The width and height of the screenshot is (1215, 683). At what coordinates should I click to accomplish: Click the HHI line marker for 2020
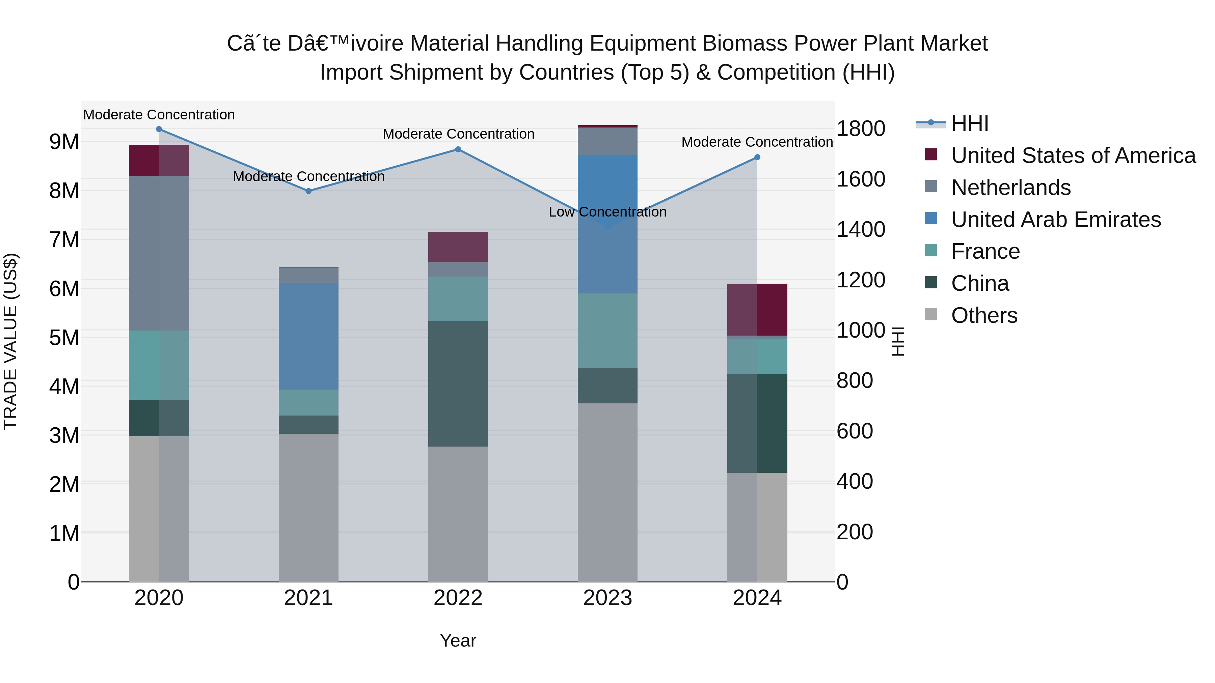(159, 129)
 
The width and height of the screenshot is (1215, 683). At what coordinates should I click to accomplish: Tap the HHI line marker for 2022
(458, 149)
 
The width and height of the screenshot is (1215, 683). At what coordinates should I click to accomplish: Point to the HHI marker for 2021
(308, 191)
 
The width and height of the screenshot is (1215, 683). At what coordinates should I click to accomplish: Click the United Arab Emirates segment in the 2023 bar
(607, 224)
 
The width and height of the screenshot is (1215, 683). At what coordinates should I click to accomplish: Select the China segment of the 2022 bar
(458, 384)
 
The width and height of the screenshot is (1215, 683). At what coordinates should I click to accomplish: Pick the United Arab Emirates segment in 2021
(308, 336)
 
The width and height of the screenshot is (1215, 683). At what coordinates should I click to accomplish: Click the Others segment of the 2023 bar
(607, 492)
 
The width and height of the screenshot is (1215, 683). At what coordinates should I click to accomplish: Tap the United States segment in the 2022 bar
(458, 247)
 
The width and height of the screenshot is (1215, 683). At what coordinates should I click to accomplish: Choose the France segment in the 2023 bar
(607, 331)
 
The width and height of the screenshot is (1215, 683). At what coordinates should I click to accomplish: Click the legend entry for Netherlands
(1011, 188)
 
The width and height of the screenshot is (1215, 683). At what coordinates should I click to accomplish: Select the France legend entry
(985, 251)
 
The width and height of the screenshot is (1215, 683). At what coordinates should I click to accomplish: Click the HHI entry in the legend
(970, 123)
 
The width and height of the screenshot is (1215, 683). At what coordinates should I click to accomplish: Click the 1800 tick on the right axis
(861, 129)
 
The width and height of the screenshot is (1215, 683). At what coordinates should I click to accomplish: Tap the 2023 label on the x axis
(607, 598)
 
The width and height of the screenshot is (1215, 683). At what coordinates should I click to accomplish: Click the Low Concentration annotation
(607, 212)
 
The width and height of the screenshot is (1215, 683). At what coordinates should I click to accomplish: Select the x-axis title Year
(458, 641)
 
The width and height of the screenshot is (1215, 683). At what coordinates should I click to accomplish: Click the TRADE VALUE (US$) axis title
(10, 341)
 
